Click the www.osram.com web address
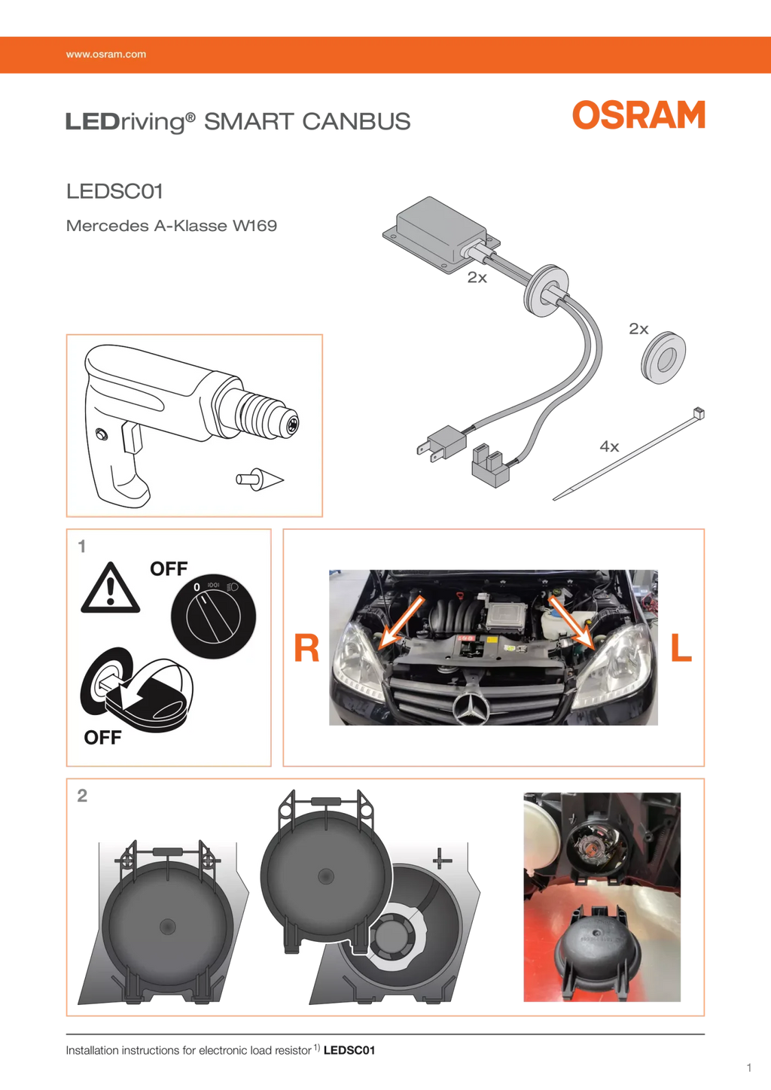106,54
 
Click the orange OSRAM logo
638,115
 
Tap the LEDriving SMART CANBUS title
238,121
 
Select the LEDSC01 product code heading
114,191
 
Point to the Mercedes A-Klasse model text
172,226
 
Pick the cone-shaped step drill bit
261,478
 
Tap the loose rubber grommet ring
663,360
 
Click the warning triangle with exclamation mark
111,589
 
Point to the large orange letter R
306,648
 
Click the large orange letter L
681,648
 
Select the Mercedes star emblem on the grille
471,708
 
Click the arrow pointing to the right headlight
401,622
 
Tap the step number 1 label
82,547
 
